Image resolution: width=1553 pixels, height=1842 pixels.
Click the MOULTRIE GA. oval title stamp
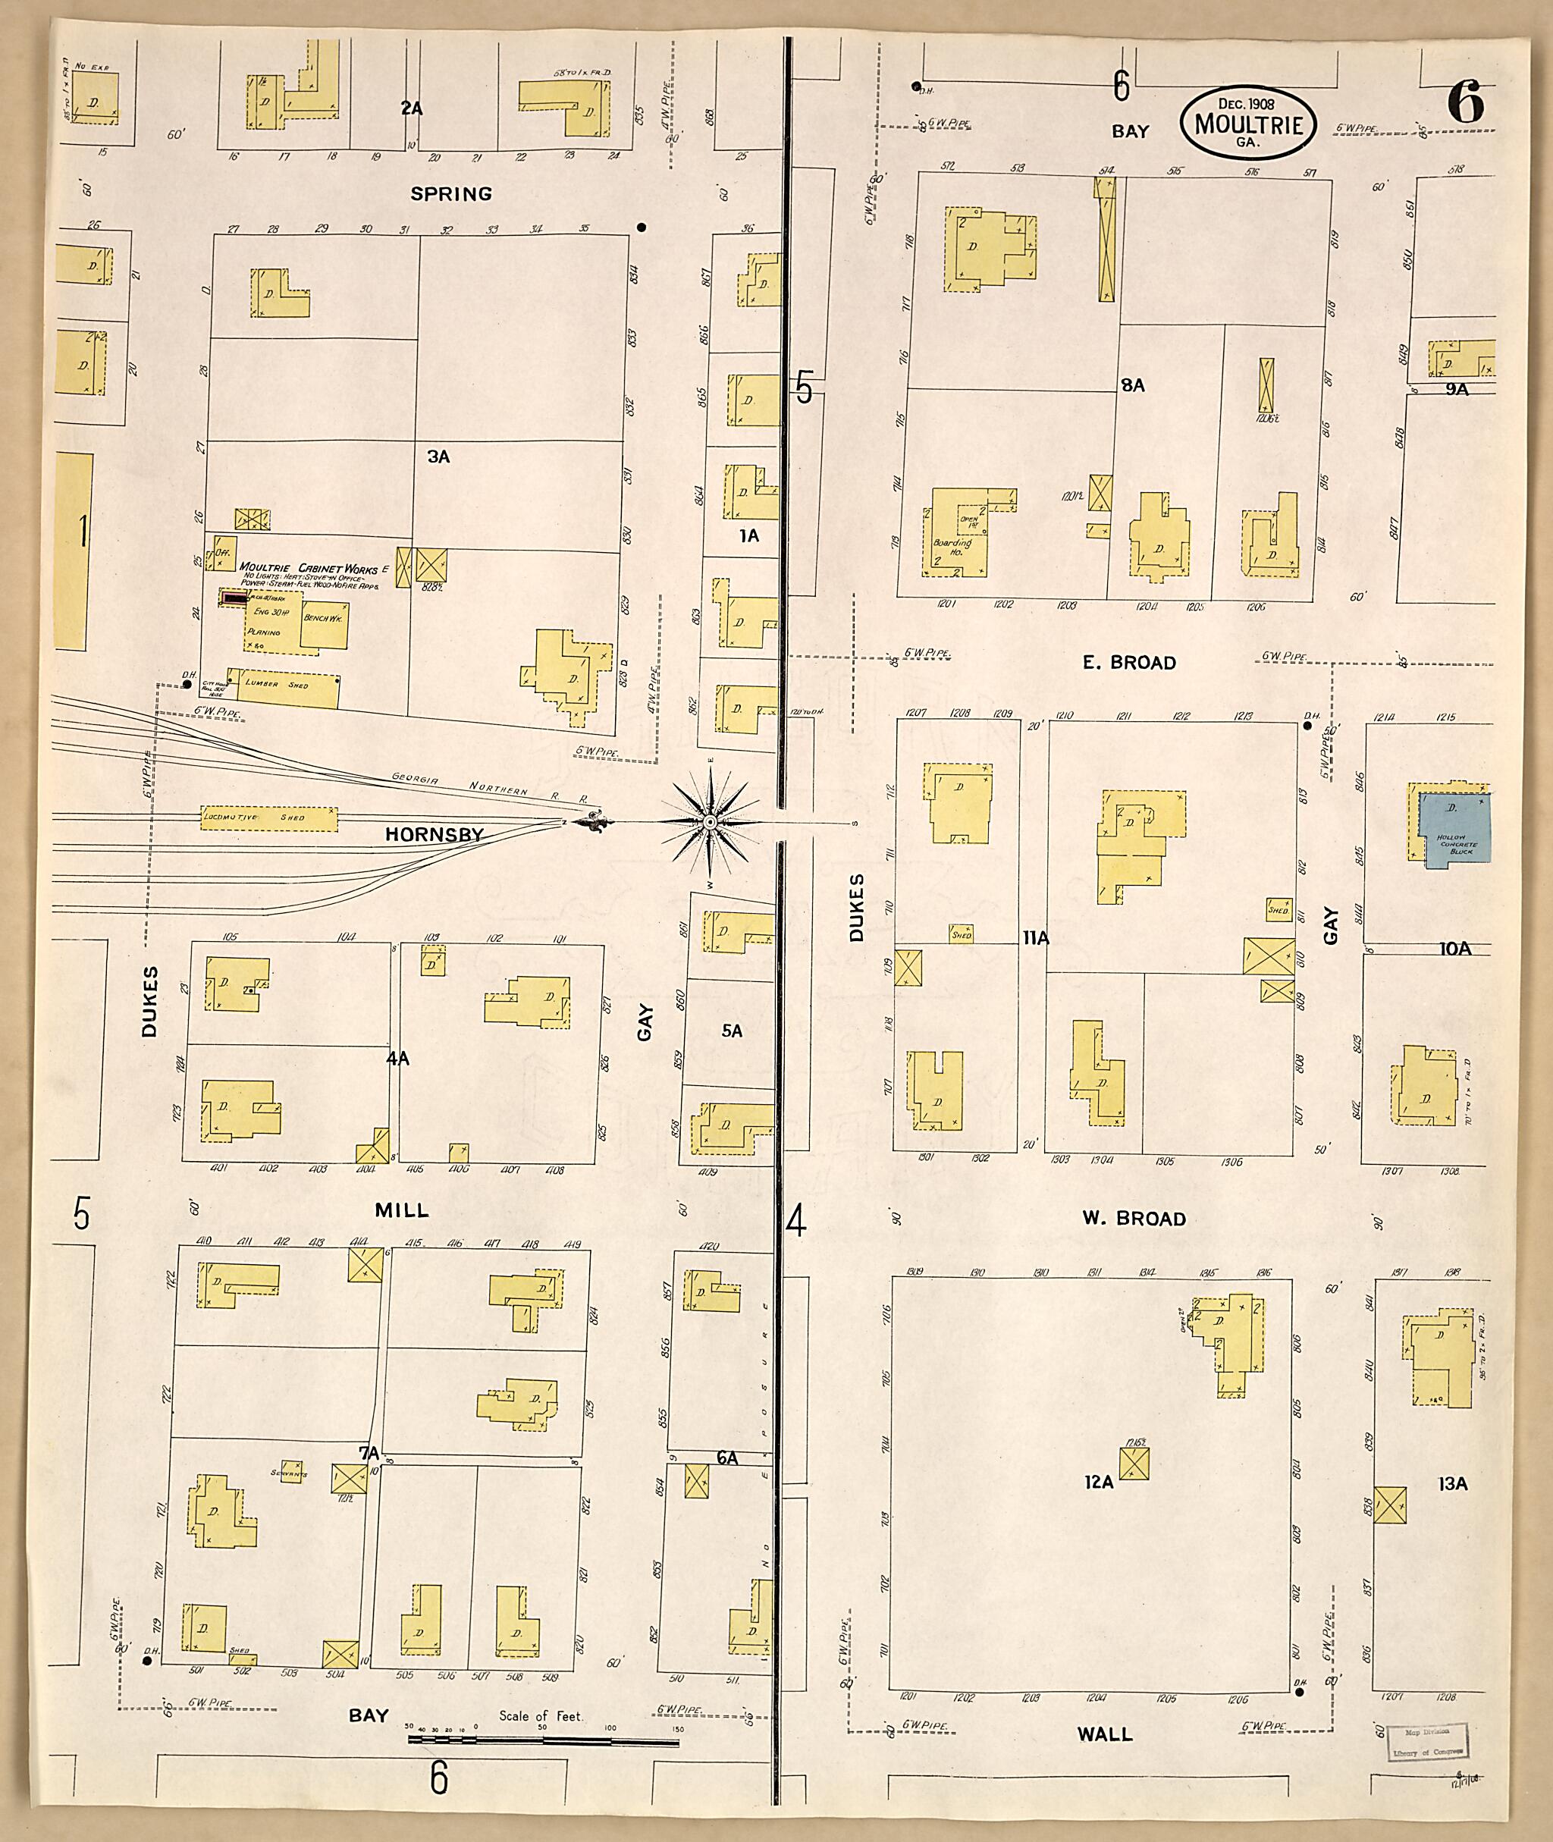point(1247,124)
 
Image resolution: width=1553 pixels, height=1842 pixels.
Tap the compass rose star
point(710,822)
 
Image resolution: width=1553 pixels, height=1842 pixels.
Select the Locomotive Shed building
point(269,818)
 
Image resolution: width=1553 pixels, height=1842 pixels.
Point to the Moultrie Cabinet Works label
point(308,567)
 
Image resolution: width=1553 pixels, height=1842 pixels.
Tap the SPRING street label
point(452,193)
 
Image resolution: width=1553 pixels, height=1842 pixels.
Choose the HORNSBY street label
point(435,834)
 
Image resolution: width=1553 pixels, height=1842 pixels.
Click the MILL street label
point(403,1210)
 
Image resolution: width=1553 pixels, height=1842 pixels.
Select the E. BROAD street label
point(1130,662)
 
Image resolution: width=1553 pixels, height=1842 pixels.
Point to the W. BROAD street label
point(1133,1219)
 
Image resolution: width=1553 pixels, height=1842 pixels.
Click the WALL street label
point(1105,1734)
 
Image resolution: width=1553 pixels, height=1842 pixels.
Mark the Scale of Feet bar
point(543,1740)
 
